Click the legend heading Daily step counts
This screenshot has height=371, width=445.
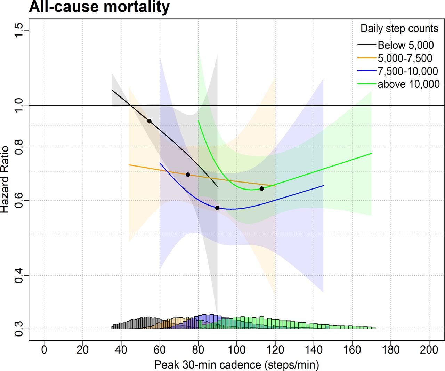(399, 29)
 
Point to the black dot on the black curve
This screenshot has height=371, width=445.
(149, 121)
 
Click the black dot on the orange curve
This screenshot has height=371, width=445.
(188, 175)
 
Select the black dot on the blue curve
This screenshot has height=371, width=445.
(217, 208)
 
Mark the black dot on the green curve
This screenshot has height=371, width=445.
(262, 188)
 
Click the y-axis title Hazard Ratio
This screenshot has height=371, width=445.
(5, 179)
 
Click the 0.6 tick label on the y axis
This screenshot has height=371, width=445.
(19, 200)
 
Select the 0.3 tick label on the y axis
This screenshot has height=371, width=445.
(19, 329)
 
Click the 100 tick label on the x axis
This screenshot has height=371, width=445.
(236, 350)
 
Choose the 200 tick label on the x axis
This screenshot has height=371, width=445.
(429, 350)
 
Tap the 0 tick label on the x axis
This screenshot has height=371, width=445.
(44, 350)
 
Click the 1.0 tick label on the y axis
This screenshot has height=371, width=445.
(19, 106)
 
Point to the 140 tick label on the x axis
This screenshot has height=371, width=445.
(314, 350)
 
